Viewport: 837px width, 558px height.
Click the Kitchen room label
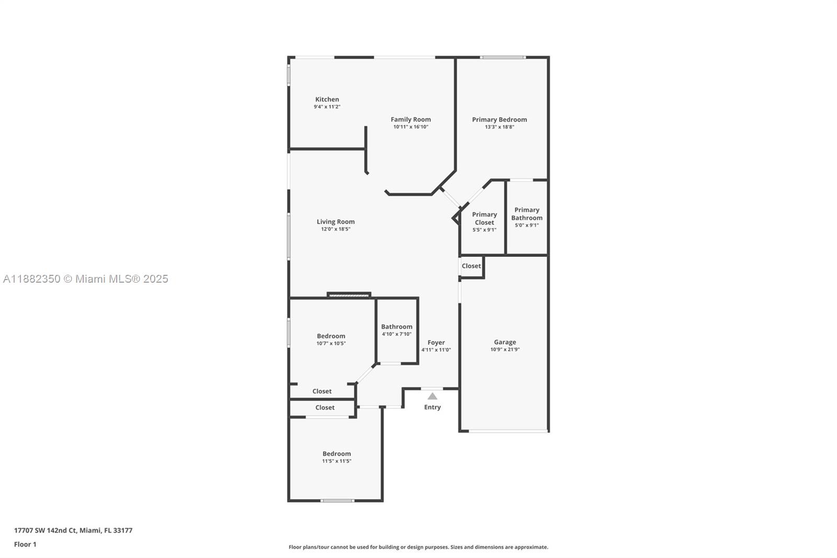[327, 99]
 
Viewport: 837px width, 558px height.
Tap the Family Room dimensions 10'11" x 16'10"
[411, 127]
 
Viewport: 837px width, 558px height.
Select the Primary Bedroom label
[499, 120]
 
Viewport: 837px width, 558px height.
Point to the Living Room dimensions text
[335, 229]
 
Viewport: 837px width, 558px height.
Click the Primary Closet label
[484, 218]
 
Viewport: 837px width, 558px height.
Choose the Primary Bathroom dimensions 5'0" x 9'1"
[527, 225]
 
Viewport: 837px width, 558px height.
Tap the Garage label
[505, 342]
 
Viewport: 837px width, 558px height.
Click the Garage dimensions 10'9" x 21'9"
[505, 349]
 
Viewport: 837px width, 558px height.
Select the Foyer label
[436, 342]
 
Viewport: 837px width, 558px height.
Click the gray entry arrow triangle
[432, 396]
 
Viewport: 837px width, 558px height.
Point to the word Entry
[432, 407]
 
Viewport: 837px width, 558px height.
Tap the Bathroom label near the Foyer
[397, 327]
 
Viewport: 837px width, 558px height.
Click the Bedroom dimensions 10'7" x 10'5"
[331, 343]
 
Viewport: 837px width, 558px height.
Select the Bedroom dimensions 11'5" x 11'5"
[337, 461]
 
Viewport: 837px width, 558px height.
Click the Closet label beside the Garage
[471, 266]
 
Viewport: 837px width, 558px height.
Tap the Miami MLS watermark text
[86, 279]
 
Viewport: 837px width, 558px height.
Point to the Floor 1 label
[25, 544]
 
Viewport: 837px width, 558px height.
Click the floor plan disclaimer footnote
[418, 547]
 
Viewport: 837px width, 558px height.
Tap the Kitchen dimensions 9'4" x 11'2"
[327, 107]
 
